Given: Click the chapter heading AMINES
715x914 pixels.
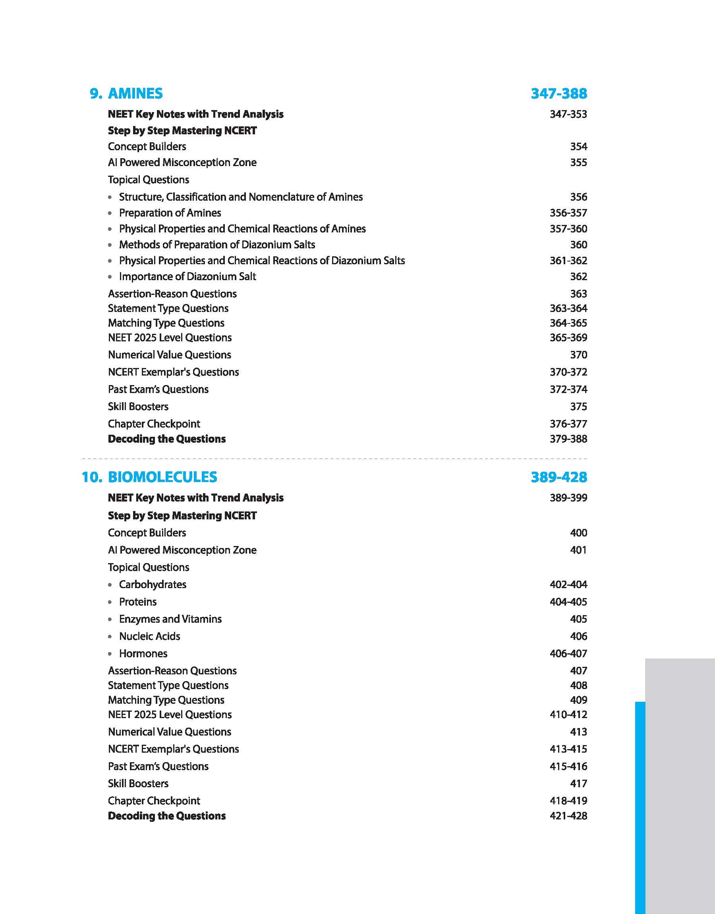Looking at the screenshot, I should click(x=135, y=93).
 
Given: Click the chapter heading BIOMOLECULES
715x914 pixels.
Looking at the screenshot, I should click(x=162, y=477).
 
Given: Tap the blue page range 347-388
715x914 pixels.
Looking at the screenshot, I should click(x=559, y=93).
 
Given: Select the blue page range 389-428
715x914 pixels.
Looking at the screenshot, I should click(x=559, y=477).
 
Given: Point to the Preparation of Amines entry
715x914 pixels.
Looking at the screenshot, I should click(x=170, y=213).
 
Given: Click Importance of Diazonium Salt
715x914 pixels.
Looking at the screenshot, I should click(x=187, y=276).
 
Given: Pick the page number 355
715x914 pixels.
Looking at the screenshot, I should click(x=578, y=163).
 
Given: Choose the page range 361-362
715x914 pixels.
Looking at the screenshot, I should click(x=568, y=260).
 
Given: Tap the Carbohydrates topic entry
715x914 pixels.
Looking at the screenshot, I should click(x=153, y=585).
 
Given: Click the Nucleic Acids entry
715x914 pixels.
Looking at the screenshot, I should click(x=149, y=636).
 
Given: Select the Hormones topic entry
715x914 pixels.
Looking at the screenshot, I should click(x=143, y=653).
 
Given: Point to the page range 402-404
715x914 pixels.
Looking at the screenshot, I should click(x=568, y=585).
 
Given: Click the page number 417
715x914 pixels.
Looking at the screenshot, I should click(x=578, y=783).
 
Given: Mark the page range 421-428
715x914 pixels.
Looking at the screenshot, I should click(x=568, y=815).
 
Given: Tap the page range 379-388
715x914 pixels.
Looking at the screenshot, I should click(x=568, y=439).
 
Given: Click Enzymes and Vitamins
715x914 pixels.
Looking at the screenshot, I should click(x=170, y=619).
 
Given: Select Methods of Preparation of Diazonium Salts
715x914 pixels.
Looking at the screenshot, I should click(x=217, y=244).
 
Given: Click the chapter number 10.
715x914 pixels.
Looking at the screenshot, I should click(x=92, y=477).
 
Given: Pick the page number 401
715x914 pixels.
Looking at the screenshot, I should click(x=578, y=550).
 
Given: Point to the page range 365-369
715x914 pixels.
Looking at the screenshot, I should click(x=568, y=337).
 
